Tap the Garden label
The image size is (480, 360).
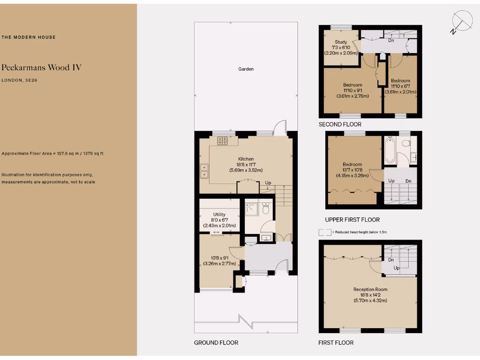point(246,69)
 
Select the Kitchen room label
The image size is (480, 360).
point(246,159)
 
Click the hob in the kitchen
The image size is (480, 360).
point(222,140)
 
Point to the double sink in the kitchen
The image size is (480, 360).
point(204,171)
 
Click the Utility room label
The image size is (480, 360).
point(219,214)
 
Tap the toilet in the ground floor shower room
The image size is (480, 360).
point(266,209)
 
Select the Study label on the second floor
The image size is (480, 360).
point(341,42)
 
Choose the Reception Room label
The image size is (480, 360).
point(370,289)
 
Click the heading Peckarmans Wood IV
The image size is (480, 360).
point(42,67)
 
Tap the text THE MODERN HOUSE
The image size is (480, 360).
point(29,37)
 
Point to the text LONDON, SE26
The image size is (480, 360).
point(19,81)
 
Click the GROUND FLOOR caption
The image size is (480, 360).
point(216,343)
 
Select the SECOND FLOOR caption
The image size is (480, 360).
point(340,124)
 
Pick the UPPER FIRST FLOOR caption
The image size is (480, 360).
point(352,219)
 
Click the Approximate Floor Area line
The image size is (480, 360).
point(53,154)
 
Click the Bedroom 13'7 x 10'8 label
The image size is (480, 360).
point(352,165)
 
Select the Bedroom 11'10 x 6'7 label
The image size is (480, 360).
point(400,81)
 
